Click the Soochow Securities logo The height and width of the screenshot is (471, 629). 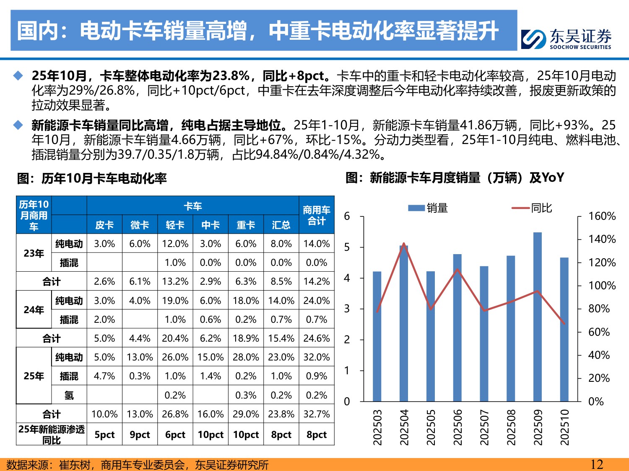pos(566,39)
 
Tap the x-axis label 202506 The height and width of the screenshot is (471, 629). pos(457,427)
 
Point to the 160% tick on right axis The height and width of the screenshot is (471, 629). pos(602,216)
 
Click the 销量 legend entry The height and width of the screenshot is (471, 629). pos(428,208)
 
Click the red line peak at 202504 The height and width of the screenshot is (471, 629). pos(404,244)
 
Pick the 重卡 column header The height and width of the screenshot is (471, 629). pos(246,225)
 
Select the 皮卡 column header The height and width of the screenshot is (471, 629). pos(104,225)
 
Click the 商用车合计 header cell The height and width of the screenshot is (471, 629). pos(317,215)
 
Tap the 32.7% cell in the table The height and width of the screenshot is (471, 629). pos(317,414)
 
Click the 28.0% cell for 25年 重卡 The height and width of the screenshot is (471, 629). pos(246,357)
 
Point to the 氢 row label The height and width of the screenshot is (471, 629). pos(69,395)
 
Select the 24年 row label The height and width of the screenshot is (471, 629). pos(34,310)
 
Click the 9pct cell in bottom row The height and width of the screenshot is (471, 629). pos(140,435)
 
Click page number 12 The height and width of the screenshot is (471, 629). pos(596,464)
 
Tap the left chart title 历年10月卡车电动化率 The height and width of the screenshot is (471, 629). pos(92,179)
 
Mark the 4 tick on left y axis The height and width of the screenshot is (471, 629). pos(347,278)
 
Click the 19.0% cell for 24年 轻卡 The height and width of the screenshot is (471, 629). pos(175,301)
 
